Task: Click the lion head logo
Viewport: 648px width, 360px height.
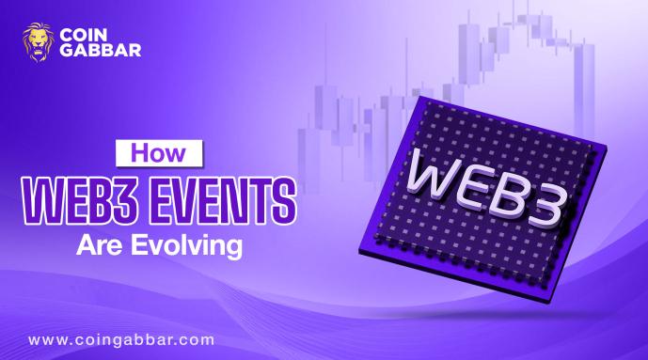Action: tap(38, 43)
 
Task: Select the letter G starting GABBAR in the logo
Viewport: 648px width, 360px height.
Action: tap(68, 51)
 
